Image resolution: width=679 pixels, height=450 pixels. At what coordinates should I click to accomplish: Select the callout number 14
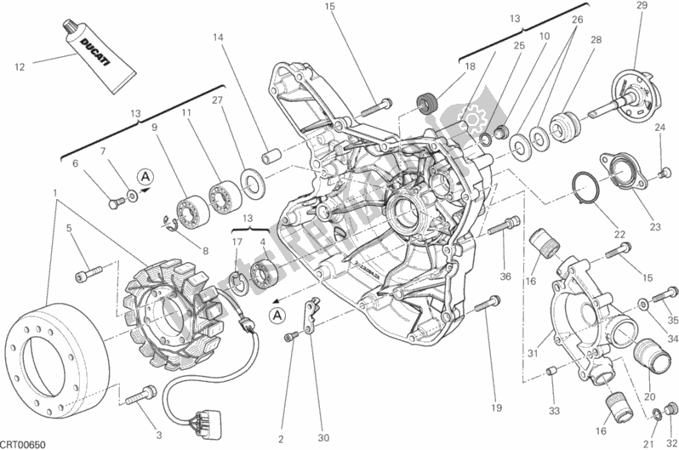(x=219, y=38)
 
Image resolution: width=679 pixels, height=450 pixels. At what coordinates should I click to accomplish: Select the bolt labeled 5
(x=85, y=272)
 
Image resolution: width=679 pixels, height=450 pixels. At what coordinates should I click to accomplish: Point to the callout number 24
(x=659, y=128)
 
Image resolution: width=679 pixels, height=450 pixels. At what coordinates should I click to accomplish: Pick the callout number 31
(x=532, y=354)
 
